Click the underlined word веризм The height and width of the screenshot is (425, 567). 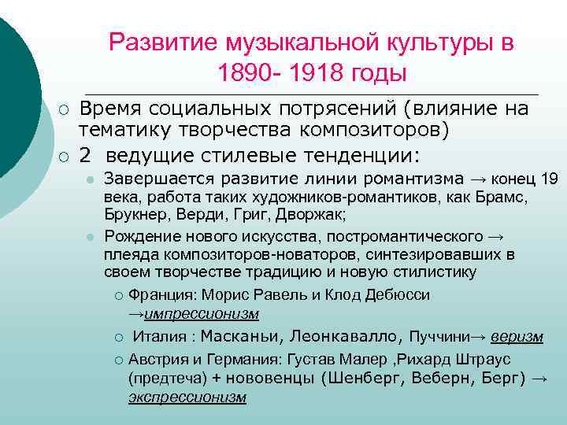[517, 337]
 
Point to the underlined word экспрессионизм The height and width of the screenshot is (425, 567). [187, 397]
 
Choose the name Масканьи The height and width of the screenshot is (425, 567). [240, 337]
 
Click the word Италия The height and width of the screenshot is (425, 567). [159, 337]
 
